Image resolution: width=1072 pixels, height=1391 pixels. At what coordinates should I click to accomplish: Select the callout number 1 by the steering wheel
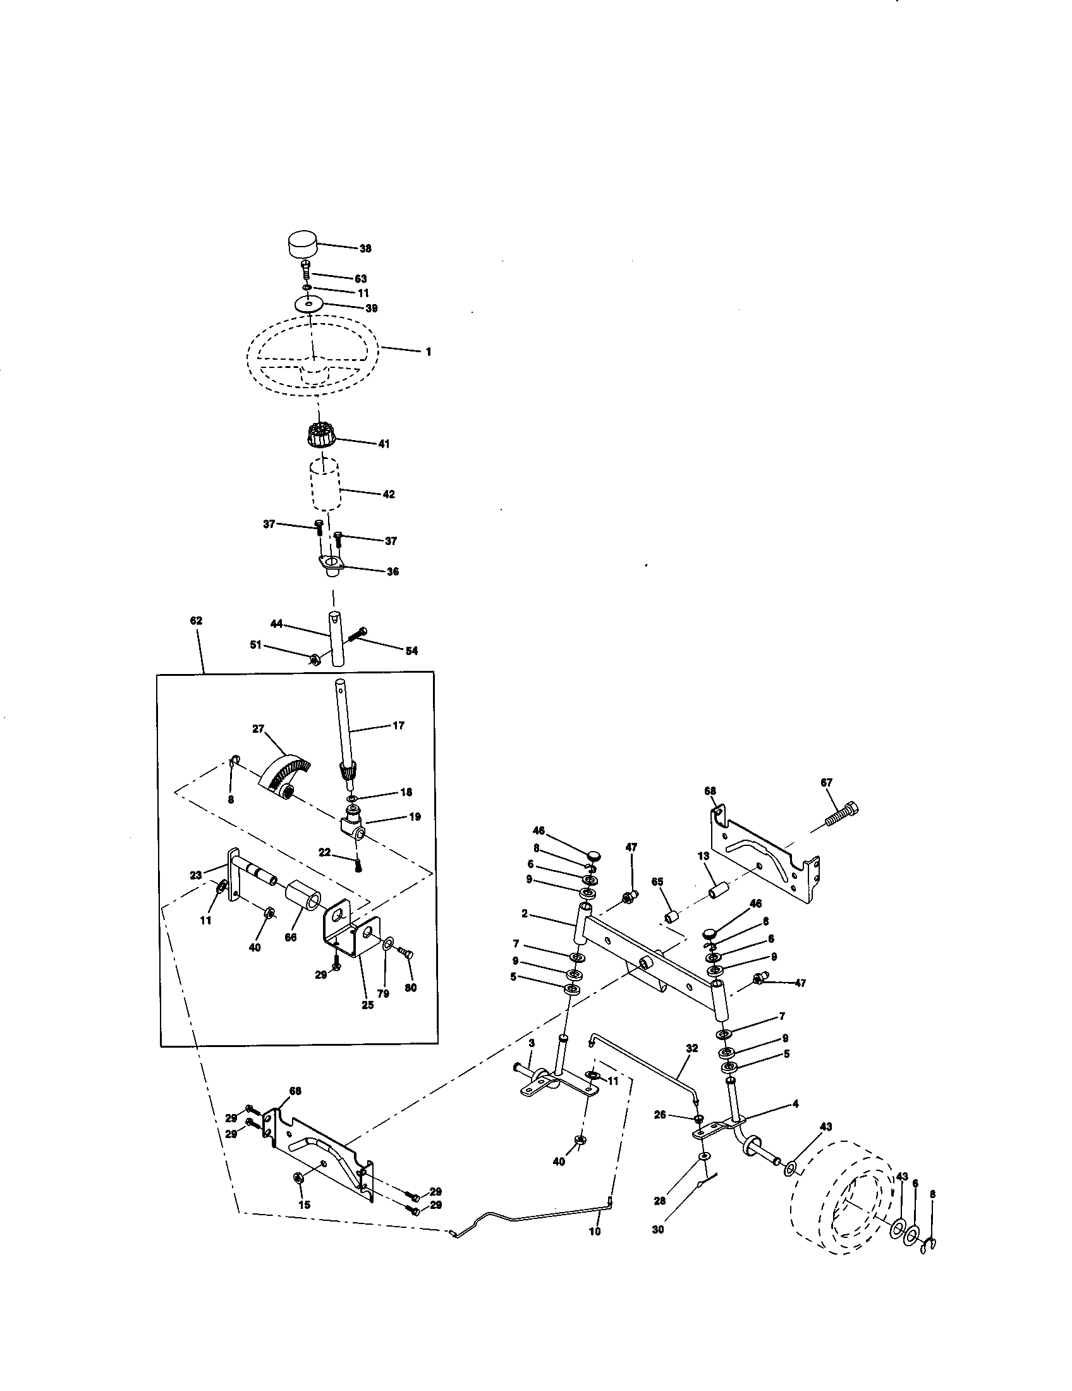pyautogui.click(x=429, y=352)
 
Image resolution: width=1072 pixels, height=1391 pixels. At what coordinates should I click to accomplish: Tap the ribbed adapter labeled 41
pyautogui.click(x=320, y=436)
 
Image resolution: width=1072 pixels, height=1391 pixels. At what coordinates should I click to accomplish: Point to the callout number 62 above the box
pyautogui.click(x=196, y=620)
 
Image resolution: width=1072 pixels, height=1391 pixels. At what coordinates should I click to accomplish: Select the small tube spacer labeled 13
pyautogui.click(x=719, y=887)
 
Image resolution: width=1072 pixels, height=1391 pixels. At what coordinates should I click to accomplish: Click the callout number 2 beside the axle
pyautogui.click(x=525, y=914)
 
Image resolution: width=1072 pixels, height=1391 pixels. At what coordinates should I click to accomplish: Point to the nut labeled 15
pyautogui.click(x=300, y=1178)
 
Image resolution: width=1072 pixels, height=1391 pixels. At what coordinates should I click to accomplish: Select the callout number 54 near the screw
pyautogui.click(x=412, y=651)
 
